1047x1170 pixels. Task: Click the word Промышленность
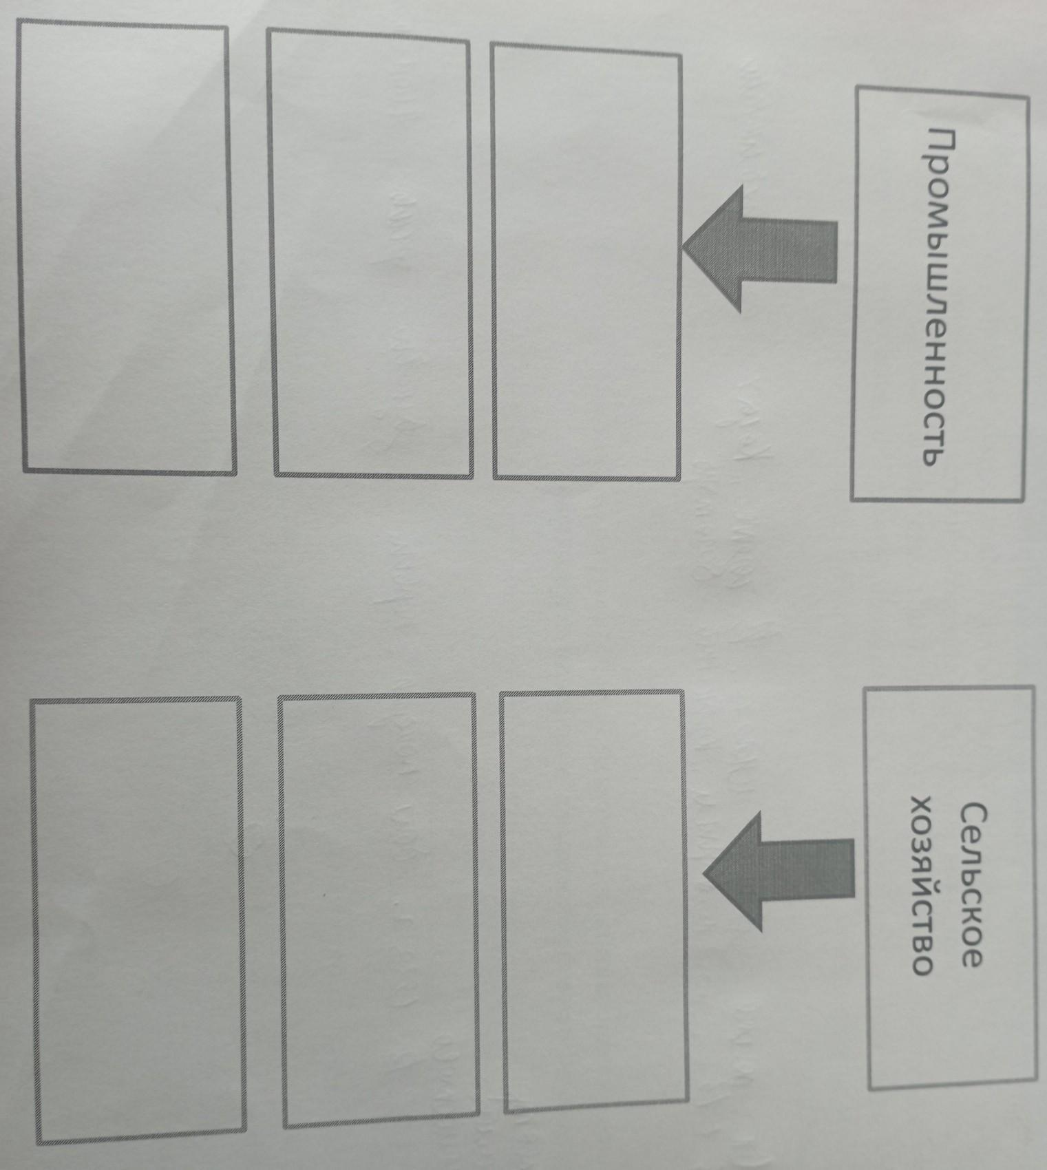(942, 296)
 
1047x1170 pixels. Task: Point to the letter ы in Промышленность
(941, 238)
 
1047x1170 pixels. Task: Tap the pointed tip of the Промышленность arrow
(686, 249)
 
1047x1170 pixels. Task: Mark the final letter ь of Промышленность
(941, 454)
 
